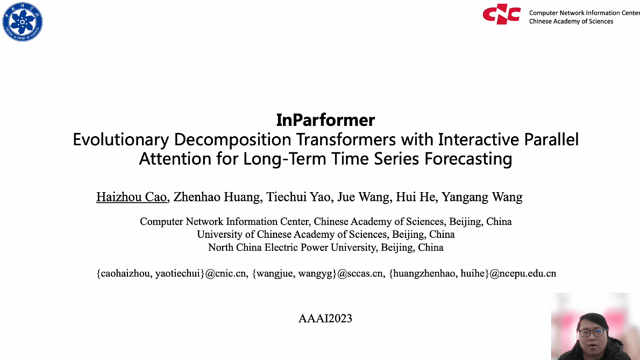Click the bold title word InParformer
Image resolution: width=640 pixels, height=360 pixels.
325,119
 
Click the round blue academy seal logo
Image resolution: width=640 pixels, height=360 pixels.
23,22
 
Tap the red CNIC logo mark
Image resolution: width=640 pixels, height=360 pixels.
501,15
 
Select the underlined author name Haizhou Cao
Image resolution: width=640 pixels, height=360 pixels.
132,197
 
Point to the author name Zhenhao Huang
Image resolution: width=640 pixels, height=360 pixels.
217,197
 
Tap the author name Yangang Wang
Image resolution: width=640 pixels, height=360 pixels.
482,197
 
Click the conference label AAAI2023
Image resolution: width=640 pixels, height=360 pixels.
325,318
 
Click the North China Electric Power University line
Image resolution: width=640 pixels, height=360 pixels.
325,248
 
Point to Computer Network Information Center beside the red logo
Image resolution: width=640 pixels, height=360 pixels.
584,13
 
